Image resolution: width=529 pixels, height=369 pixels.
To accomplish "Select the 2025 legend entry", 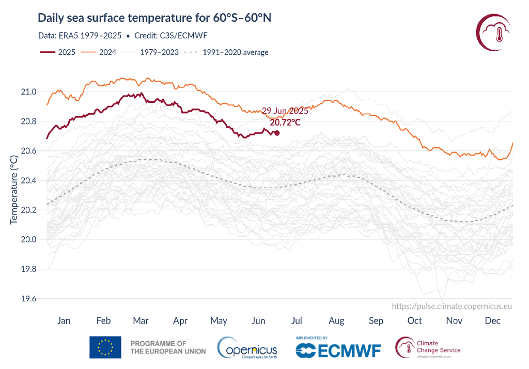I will (x=57, y=52).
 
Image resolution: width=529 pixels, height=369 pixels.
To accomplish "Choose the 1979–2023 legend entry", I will (x=150, y=52).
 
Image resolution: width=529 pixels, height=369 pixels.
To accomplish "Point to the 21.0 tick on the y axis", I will (x=29, y=92).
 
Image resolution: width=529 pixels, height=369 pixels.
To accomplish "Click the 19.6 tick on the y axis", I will (x=29, y=299).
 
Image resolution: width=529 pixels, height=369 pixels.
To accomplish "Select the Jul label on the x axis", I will (x=297, y=321).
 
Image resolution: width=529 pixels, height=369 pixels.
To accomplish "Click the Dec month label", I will (x=493, y=321).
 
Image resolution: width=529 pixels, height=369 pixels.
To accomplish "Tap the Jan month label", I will (x=64, y=321).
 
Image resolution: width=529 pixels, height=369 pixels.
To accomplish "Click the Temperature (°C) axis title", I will (x=14, y=189).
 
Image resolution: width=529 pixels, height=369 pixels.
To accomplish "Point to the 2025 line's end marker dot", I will (x=277, y=133).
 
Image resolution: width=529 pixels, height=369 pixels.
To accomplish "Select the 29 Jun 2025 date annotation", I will (x=285, y=111).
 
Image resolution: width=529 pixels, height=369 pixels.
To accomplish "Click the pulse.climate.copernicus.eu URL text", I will (x=452, y=306).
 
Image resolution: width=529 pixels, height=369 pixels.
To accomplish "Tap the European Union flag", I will (x=105, y=347).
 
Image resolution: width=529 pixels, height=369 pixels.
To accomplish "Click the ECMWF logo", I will (x=338, y=350).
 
